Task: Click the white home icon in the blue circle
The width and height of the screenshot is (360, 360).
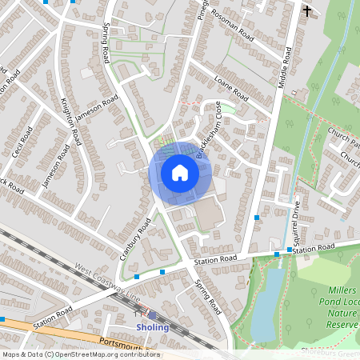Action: point(180,172)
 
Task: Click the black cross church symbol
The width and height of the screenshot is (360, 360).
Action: point(306,11)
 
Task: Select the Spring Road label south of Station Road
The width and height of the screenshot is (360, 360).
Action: point(207,294)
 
